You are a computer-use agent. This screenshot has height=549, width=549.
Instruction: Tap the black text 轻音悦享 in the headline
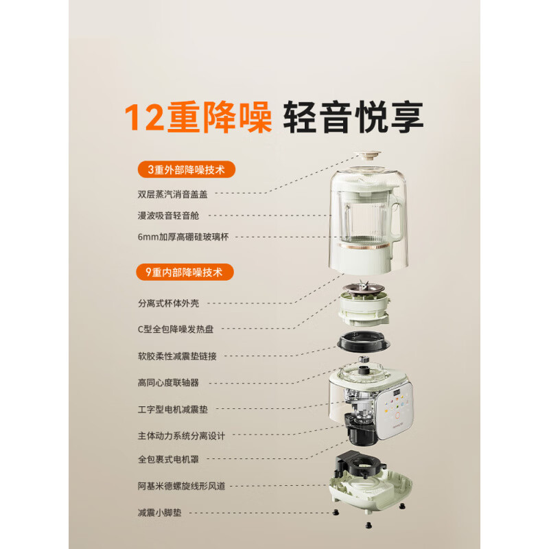pyautogui.click(x=353, y=117)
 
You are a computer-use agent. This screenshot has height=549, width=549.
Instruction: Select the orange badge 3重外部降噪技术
pyautogui.click(x=186, y=169)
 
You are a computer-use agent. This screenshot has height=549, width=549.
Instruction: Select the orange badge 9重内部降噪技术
pyautogui.click(x=186, y=272)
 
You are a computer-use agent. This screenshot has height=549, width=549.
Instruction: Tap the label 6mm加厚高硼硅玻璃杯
pyautogui.click(x=183, y=237)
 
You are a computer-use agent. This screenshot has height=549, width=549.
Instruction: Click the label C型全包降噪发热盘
pyautogui.click(x=176, y=329)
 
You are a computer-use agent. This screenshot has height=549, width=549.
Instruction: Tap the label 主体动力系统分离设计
pyautogui.click(x=180, y=435)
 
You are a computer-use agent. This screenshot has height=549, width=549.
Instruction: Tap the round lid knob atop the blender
pyautogui.click(x=371, y=156)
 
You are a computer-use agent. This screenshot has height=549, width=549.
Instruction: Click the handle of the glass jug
pyautogui.click(x=397, y=209)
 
